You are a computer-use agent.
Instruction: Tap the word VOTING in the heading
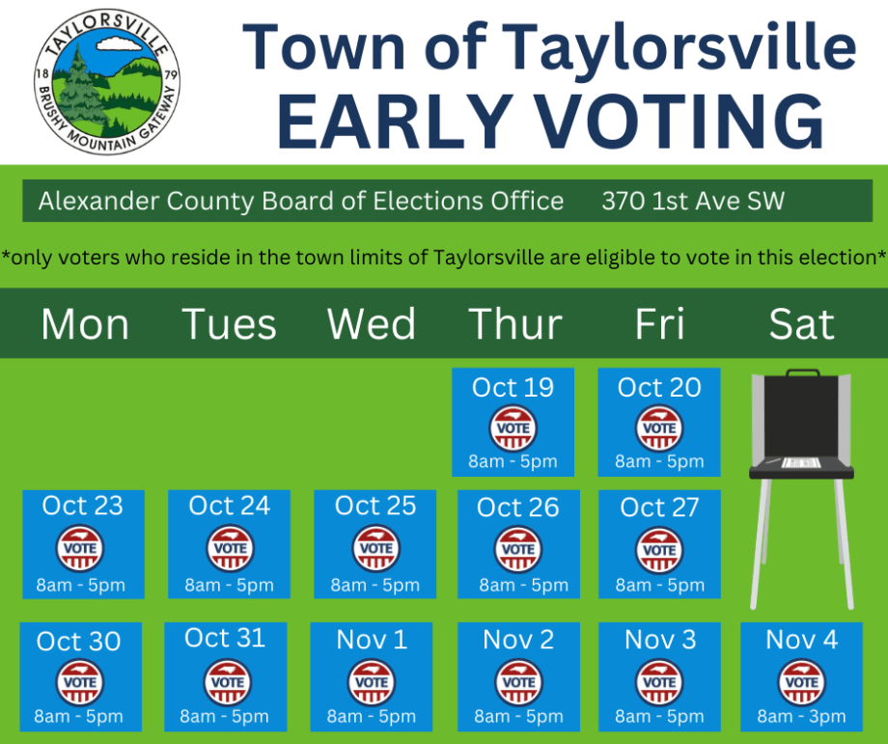pyautogui.click(x=666, y=120)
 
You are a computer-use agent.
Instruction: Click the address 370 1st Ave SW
pyautogui.click(x=693, y=202)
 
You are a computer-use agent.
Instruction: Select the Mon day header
pyautogui.click(x=85, y=324)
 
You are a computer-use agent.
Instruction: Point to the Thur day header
pyautogui.click(x=515, y=324)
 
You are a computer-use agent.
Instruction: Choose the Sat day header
pyautogui.click(x=801, y=324)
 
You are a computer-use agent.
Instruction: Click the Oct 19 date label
pyautogui.click(x=513, y=388)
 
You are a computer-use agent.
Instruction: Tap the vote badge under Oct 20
pyautogui.click(x=659, y=427)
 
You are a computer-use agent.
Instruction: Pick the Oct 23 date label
pyautogui.click(x=83, y=506)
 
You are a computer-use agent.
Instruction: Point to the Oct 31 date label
pyautogui.click(x=225, y=639)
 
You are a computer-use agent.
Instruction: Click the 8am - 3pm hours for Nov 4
pyautogui.click(x=801, y=716)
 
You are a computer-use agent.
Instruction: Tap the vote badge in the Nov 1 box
pyautogui.click(x=372, y=681)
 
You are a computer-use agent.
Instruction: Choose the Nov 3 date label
pyautogui.click(x=659, y=640)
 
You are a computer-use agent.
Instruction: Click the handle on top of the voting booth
pyautogui.click(x=802, y=372)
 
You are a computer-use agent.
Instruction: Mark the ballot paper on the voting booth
pyautogui.click(x=801, y=463)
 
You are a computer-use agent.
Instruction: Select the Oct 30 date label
pyautogui.click(x=79, y=642)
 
